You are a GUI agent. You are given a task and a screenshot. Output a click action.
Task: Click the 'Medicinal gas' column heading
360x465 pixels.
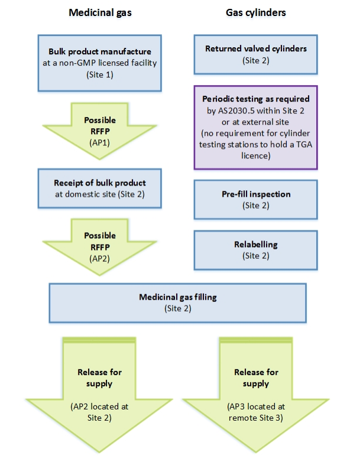99,12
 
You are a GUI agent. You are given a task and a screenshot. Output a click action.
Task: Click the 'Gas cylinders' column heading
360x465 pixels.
256,12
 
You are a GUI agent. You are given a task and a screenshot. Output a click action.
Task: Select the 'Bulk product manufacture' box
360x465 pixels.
99,62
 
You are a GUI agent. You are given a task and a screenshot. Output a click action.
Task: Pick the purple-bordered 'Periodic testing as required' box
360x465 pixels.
256,127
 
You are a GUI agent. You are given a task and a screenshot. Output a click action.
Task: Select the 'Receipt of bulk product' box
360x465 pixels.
99,188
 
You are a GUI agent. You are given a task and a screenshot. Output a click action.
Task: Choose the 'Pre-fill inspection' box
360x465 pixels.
256,199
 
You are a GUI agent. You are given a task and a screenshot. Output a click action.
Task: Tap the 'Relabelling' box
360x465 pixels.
256,249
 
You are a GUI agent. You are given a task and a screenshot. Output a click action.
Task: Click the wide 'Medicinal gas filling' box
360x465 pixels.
177,303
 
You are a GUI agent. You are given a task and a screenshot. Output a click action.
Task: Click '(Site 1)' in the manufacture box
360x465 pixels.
99,75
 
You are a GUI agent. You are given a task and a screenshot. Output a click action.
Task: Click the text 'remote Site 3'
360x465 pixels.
256,418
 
